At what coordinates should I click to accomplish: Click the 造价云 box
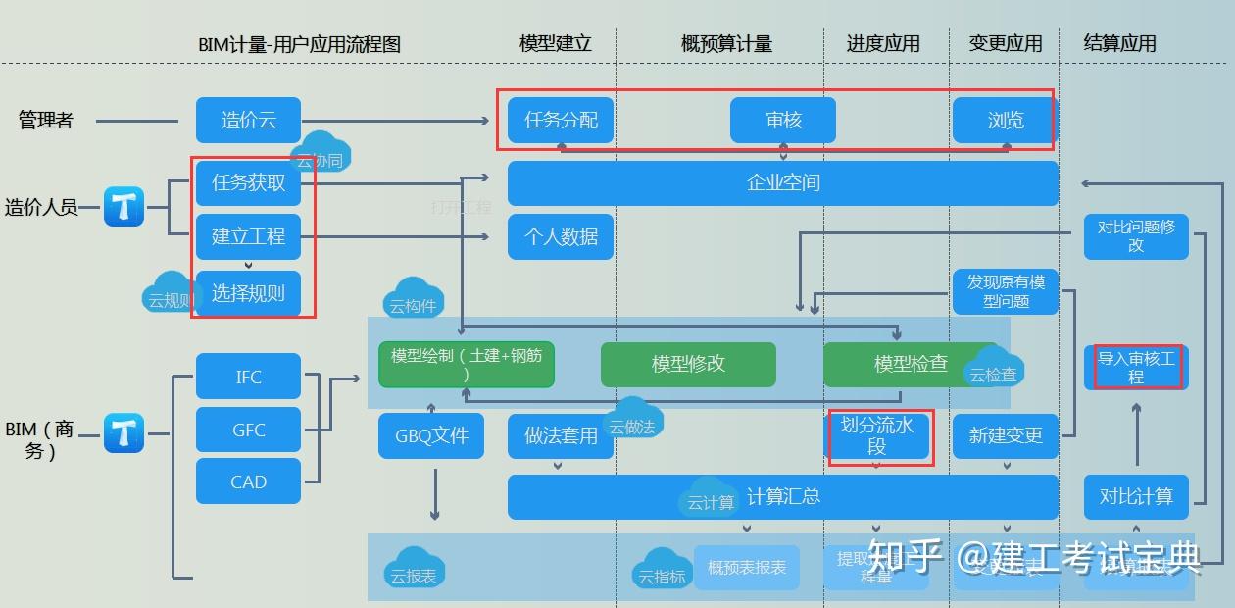click(x=248, y=121)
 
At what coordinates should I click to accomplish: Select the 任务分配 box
click(x=561, y=121)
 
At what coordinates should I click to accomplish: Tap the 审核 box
click(x=783, y=121)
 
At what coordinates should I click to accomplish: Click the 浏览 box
click(x=1006, y=121)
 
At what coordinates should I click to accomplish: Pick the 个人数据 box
click(x=561, y=236)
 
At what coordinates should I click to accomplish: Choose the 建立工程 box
click(x=248, y=236)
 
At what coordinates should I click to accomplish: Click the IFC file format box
click(x=248, y=377)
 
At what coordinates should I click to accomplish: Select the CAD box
click(x=248, y=481)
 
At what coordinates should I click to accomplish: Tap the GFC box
click(x=248, y=430)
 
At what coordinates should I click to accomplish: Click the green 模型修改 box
click(x=688, y=364)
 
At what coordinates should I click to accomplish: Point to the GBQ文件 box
click(x=431, y=435)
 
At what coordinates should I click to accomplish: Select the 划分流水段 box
click(x=877, y=436)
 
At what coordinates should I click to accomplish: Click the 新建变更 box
click(x=1006, y=435)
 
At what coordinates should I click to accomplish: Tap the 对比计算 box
click(x=1136, y=496)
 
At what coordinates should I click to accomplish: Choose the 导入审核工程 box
click(x=1136, y=368)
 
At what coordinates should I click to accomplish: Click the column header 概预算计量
click(x=726, y=44)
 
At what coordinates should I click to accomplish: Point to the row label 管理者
click(x=46, y=121)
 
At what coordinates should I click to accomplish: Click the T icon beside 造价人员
click(x=124, y=207)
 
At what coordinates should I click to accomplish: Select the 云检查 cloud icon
click(x=994, y=369)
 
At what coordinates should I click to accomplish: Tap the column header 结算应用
click(x=1119, y=44)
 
